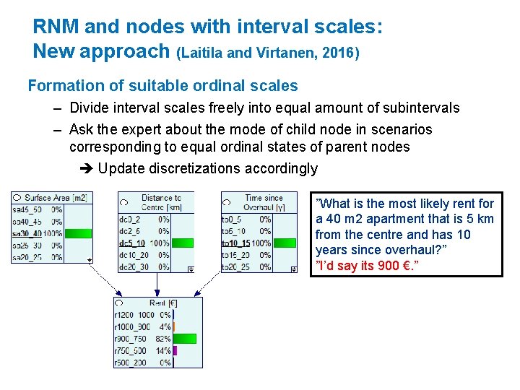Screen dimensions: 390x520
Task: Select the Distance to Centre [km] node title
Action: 160,201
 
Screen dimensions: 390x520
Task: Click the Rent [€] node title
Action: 163,303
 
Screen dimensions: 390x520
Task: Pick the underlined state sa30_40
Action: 27,233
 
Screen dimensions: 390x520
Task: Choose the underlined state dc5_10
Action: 132,243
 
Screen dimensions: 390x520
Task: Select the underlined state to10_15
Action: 235,243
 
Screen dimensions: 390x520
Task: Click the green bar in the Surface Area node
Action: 78,233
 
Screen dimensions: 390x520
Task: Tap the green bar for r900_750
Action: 185,338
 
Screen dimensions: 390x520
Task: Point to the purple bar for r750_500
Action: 175,350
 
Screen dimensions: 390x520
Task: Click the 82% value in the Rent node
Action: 163,338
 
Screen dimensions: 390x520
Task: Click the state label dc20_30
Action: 134,267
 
